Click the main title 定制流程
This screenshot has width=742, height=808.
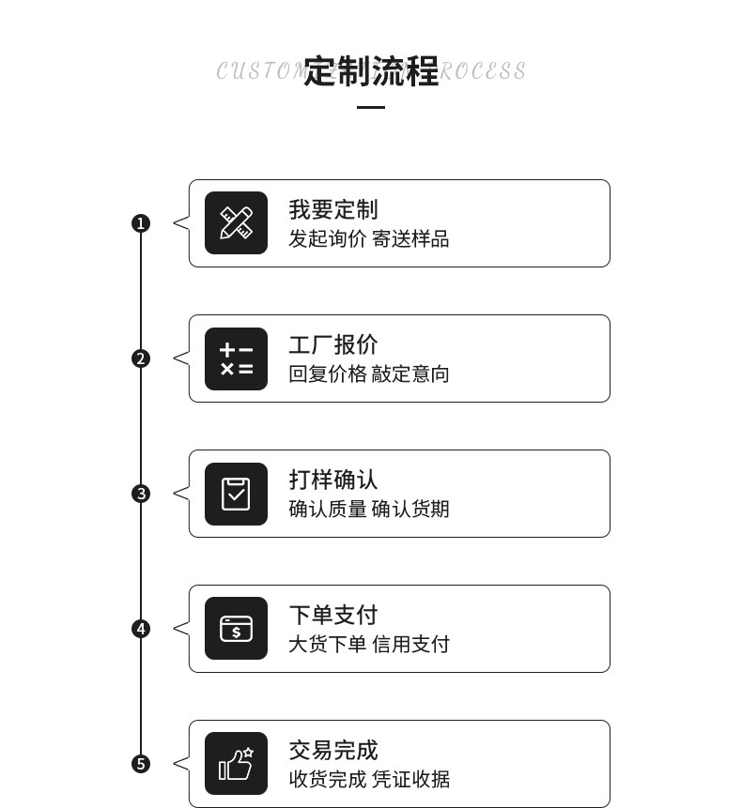(x=371, y=71)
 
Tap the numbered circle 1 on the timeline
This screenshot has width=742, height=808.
(x=141, y=223)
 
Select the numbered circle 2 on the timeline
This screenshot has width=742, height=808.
(x=141, y=358)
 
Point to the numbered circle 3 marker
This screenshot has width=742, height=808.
(x=141, y=494)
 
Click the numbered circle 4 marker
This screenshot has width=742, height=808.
(x=141, y=629)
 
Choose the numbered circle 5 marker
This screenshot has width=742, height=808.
(x=141, y=764)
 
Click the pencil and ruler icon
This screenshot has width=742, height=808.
(x=236, y=223)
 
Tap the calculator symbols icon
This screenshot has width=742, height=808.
(x=236, y=358)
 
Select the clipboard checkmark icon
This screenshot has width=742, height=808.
(x=236, y=494)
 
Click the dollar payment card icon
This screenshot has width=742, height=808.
(x=236, y=629)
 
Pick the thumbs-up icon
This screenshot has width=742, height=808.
(x=236, y=764)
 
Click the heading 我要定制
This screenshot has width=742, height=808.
(x=332, y=209)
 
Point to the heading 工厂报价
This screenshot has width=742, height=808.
(x=332, y=344)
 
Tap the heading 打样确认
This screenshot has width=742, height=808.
(x=332, y=480)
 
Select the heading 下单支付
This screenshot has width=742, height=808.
(x=332, y=615)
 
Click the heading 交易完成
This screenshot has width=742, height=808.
(x=332, y=750)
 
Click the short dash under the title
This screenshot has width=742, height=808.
(x=371, y=107)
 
